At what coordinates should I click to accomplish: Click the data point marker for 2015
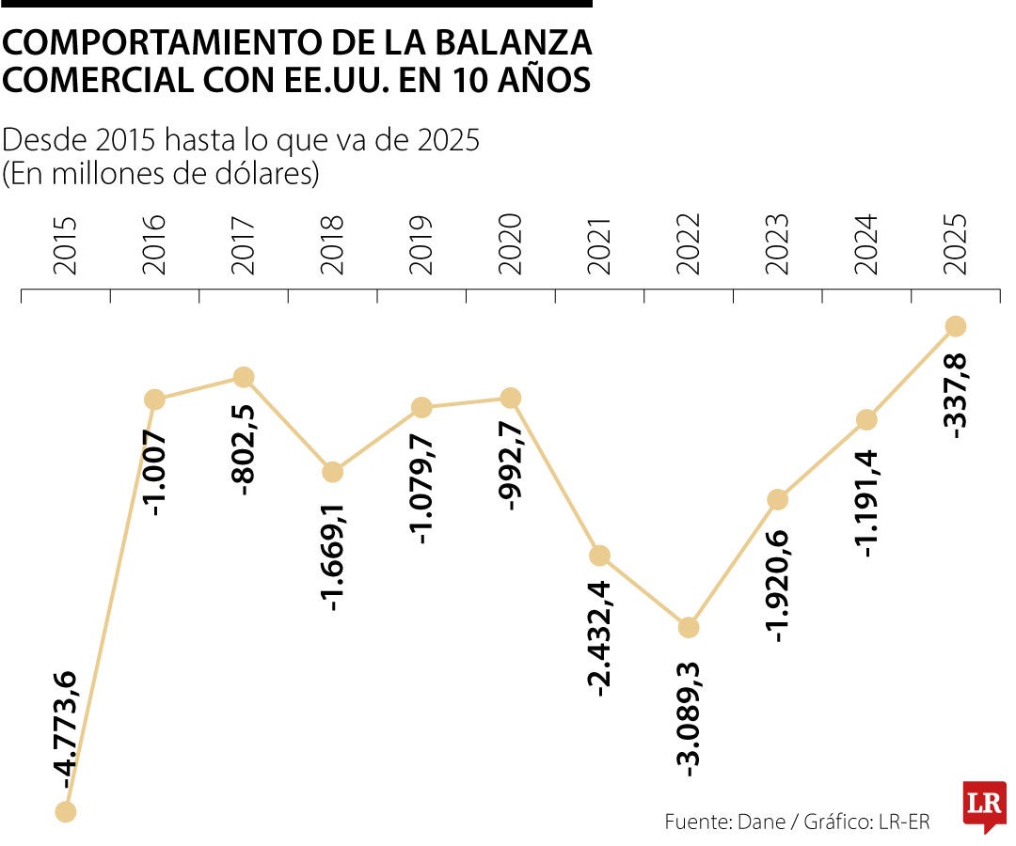coord(65,811)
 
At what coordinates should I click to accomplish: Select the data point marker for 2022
coord(689,627)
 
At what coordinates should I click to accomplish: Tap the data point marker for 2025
coord(956,326)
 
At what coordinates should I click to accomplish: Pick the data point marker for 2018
coord(332,472)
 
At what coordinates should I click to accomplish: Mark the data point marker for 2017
coord(244,377)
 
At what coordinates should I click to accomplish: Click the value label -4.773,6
coord(67,726)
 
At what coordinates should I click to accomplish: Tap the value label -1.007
coord(155,473)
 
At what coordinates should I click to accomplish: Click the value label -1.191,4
coord(867,504)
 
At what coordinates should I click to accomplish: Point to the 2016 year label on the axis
coord(155,245)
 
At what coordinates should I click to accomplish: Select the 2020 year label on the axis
coord(511,245)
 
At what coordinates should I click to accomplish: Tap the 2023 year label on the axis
coord(778,245)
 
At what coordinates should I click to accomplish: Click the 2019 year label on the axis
coord(421,245)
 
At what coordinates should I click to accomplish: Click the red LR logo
coord(984,806)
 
